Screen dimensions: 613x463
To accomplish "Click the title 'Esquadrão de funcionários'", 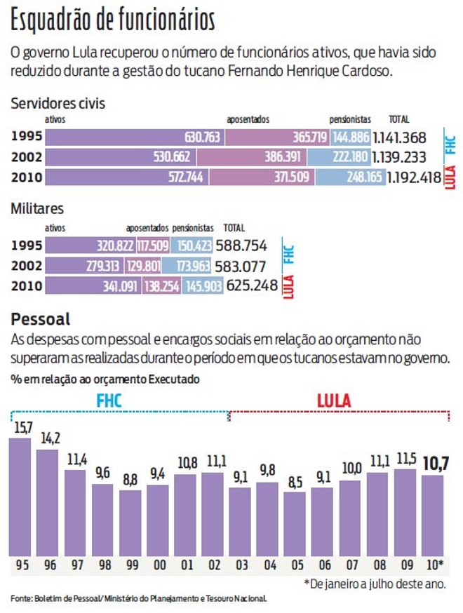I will [112, 21].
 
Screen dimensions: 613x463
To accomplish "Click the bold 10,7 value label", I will [434, 463].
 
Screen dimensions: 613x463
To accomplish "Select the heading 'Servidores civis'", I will [58, 104].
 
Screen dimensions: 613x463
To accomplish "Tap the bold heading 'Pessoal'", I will [40, 320].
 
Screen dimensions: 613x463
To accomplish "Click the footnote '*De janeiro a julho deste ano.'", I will [375, 583].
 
